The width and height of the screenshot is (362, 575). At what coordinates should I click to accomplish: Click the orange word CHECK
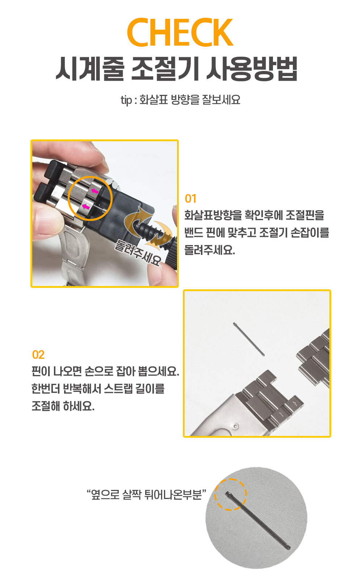180,32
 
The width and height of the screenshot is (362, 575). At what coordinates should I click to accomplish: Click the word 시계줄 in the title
89,69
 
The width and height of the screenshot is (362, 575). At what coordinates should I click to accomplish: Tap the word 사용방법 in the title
252,69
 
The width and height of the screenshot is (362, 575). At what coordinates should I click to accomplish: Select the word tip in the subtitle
126,100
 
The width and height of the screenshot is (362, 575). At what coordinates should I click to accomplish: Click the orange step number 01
190,199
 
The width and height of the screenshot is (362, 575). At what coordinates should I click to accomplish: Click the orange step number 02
38,355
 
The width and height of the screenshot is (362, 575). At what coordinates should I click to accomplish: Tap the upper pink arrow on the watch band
95,191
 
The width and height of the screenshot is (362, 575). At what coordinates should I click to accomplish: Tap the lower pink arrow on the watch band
86,206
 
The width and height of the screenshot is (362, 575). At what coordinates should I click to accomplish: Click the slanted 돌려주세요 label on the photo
138,252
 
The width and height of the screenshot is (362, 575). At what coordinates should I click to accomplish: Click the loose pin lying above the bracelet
249,339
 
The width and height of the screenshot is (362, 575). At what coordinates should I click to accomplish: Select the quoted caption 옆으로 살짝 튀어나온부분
147,494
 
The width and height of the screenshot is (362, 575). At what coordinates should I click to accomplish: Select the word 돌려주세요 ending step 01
210,250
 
